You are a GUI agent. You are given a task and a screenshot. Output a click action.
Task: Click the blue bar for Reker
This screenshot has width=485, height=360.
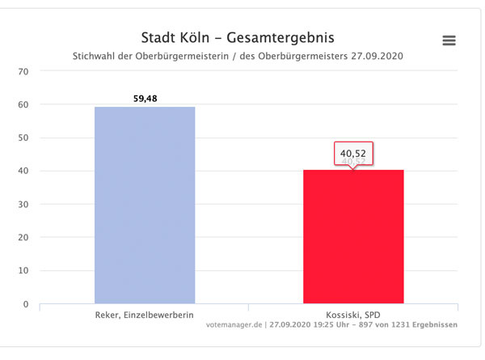[144, 205]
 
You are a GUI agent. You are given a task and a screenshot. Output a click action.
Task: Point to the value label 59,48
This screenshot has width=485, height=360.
[145, 99]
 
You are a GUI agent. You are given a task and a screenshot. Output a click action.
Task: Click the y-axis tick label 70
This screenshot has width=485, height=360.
[23, 71]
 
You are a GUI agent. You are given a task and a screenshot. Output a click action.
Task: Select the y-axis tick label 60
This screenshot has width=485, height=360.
[23, 104]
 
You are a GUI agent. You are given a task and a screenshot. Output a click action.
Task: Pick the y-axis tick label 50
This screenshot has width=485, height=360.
[23, 138]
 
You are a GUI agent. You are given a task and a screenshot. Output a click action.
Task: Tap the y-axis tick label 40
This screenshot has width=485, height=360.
[23, 171]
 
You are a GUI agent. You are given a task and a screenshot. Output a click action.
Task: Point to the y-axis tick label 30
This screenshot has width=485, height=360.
[23, 205]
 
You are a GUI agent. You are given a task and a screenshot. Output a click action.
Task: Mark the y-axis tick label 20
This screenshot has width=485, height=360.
[23, 238]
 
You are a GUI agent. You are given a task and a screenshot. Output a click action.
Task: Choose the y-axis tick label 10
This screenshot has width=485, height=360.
[23, 271]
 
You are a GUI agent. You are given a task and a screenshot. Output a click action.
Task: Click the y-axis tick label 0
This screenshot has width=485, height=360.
[26, 304]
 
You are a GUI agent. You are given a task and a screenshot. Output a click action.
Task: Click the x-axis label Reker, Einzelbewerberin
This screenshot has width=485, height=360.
[144, 313]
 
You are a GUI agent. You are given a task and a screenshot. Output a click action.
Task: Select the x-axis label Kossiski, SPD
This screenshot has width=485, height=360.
[353, 313]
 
